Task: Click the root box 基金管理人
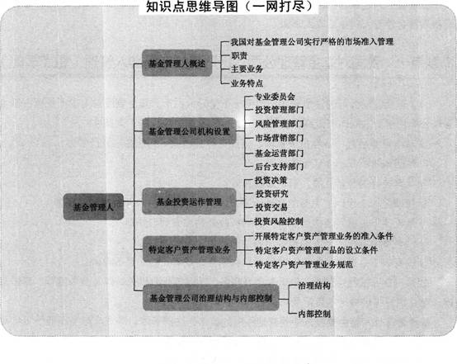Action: coord(93,207)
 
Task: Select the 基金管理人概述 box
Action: coord(177,63)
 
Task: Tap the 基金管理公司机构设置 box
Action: coord(189,131)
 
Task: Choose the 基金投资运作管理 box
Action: coord(189,201)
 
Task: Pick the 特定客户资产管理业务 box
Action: coord(190,249)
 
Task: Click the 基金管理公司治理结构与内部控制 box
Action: coord(210,297)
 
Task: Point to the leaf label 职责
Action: coord(239,55)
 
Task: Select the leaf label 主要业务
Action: coord(247,69)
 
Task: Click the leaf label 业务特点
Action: coord(247,83)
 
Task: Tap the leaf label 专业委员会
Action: coord(275,97)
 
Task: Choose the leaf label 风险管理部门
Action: coord(279,124)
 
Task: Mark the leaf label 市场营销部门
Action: coord(279,138)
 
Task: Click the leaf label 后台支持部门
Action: coord(279,167)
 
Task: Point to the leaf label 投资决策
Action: coord(271,180)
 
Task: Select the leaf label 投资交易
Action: coord(271,207)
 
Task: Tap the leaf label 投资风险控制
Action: coord(279,221)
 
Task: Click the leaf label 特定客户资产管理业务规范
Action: coord(304,265)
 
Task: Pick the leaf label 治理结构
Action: coord(314,286)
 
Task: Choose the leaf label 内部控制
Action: coord(314,314)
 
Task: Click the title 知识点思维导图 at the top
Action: coord(192,7)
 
